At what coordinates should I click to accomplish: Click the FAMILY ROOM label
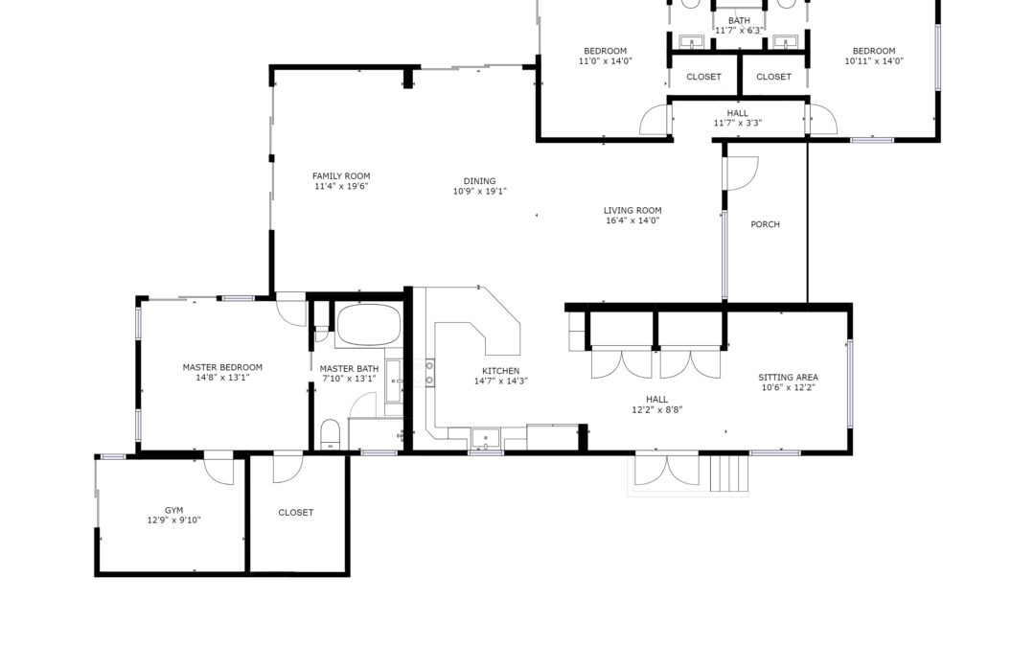[341, 176]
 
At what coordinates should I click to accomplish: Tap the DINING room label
[479, 181]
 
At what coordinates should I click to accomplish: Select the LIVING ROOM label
[632, 211]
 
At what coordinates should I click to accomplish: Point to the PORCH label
[765, 224]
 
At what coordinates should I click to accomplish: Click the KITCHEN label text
[501, 371]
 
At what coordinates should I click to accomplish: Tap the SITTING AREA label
[788, 378]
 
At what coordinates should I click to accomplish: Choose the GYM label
[174, 510]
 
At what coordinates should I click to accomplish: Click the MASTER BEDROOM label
[222, 368]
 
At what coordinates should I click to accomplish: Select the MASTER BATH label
[349, 369]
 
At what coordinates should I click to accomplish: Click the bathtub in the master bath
[369, 325]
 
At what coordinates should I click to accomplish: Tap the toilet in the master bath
[330, 434]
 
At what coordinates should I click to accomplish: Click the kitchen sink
[485, 438]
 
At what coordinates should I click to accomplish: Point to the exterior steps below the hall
[729, 472]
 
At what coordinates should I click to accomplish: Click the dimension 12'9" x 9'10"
[174, 520]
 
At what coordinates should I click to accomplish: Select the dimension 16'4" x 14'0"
[632, 220]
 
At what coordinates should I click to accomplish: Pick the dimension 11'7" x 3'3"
[738, 123]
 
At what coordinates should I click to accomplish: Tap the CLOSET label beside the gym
[296, 512]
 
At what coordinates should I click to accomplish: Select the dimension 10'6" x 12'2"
[788, 387]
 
